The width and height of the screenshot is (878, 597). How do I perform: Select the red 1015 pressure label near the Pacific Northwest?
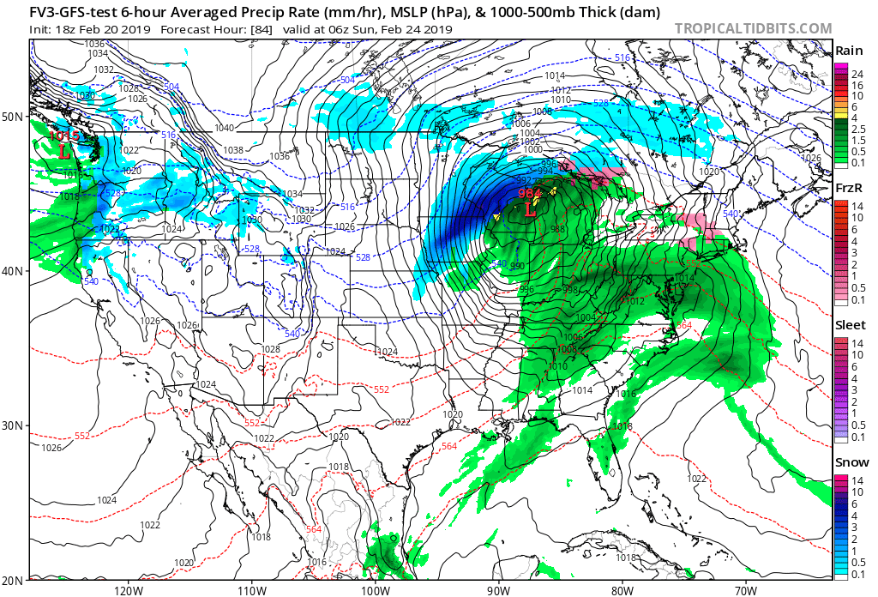coord(63,136)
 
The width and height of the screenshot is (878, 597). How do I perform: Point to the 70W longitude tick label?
coord(745,590)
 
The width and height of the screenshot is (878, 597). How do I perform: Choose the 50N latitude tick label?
coord(14,117)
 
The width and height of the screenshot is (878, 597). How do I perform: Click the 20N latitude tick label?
coord(14,580)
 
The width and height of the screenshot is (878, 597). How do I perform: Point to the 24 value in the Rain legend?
coord(856,75)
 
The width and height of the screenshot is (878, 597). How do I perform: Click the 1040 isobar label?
coord(224,128)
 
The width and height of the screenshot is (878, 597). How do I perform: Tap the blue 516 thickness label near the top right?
coord(622,57)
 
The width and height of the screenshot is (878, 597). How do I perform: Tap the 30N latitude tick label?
coord(14,425)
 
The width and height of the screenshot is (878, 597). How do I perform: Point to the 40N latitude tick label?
coord(14,271)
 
